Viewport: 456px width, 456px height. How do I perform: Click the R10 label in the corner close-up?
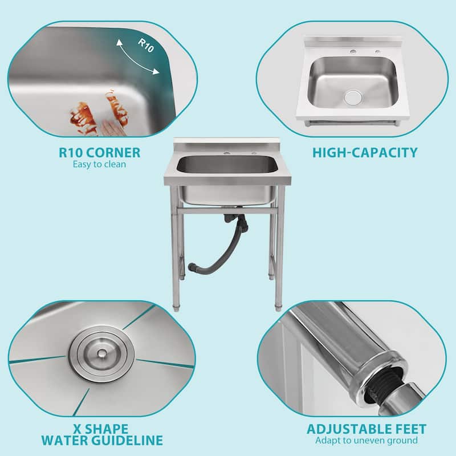coord(145,45)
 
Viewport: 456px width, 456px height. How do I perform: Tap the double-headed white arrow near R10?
coord(137,57)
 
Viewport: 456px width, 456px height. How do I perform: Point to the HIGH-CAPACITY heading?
coord(365,152)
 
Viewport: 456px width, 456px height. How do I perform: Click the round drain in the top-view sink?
coord(353,97)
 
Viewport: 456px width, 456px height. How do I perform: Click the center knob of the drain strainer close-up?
coord(101,353)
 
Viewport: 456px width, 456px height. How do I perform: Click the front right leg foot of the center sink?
coord(279,307)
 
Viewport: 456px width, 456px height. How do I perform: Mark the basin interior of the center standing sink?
coord(227,165)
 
